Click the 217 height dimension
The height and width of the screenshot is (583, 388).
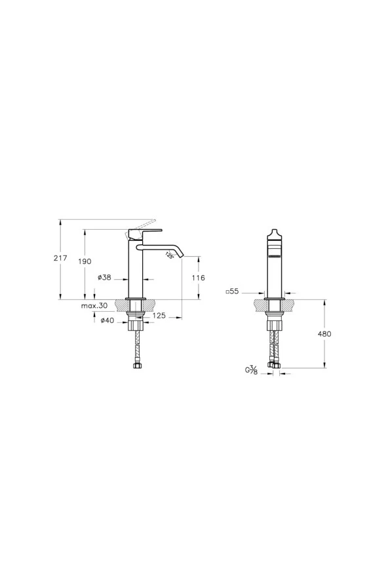(60, 259)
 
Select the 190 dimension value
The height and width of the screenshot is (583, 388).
(85, 261)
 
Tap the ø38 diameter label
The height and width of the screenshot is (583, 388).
(104, 278)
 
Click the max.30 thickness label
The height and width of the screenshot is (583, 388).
(94, 306)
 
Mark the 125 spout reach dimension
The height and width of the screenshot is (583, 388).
(158, 316)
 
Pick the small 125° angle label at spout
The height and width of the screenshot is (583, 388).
(170, 255)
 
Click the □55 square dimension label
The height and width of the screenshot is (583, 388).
(233, 291)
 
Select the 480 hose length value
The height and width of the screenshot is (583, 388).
(324, 334)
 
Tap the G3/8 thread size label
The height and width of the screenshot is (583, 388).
(252, 371)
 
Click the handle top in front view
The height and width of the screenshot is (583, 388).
(274, 230)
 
